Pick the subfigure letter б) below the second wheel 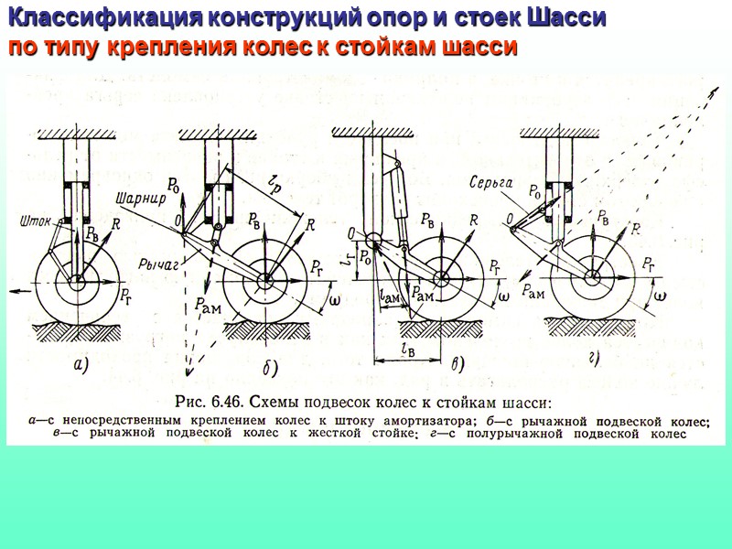pyautogui.click(x=270, y=368)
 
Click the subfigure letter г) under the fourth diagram pyautogui.click(x=592, y=359)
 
